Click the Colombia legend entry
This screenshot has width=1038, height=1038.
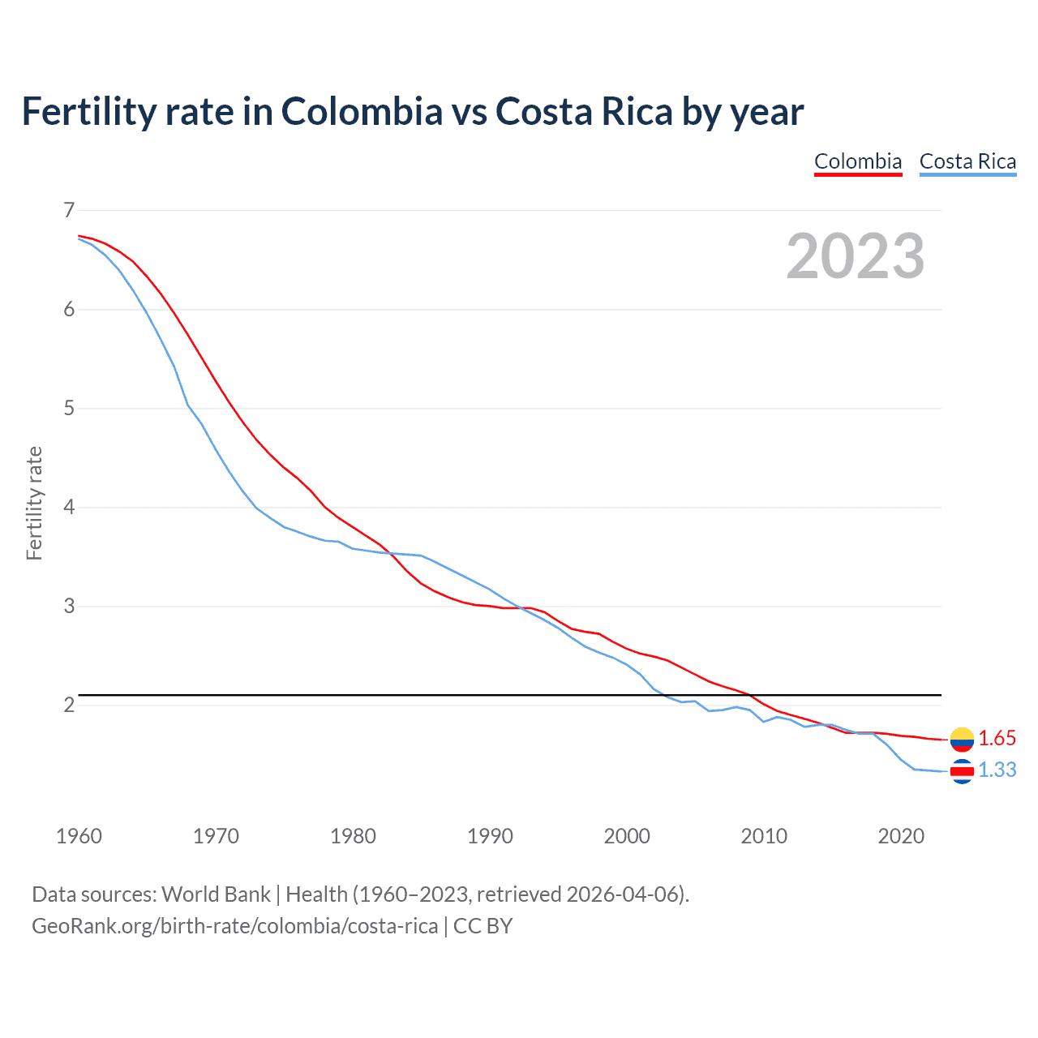tap(858, 161)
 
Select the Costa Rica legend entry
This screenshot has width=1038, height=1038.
tap(967, 161)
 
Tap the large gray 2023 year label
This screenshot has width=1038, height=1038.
tap(856, 256)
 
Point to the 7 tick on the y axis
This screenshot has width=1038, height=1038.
tap(68, 211)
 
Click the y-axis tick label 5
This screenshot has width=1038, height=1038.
tap(68, 408)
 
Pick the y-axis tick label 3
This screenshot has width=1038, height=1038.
tap(68, 606)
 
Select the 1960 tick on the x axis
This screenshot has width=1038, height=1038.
tap(79, 836)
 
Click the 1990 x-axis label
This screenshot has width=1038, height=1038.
tap(490, 836)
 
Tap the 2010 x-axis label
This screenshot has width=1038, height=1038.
tap(764, 836)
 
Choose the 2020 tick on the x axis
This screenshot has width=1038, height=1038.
tap(901, 836)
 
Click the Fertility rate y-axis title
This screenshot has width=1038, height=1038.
tap(34, 503)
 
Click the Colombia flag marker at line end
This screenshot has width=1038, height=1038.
tap(962, 739)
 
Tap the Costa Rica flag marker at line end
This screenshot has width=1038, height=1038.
tap(962, 771)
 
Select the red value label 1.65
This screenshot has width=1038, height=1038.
tap(997, 738)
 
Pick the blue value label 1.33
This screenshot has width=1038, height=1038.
tap(997, 770)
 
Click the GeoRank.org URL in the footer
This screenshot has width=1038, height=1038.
tap(234, 925)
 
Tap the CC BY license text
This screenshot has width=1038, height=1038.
tap(483, 925)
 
